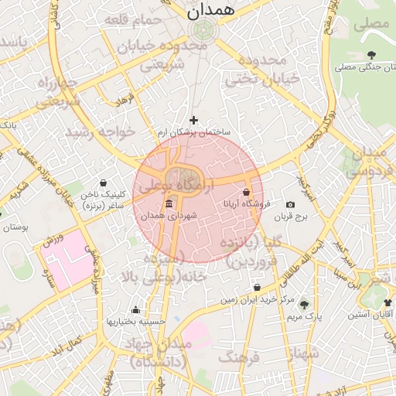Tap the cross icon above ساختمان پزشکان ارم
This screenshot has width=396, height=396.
point(193,120)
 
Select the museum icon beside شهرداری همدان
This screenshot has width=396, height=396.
point(169,203)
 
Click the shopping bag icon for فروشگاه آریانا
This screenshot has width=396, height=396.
point(247,192)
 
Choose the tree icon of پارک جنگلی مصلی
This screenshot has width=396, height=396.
point(373,55)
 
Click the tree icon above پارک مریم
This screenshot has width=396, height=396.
point(303,304)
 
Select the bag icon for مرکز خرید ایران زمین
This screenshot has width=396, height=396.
point(257,288)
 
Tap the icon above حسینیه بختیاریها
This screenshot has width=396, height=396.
point(136,309)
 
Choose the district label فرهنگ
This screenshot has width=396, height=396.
point(239,357)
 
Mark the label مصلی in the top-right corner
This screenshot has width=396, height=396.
point(371,24)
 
